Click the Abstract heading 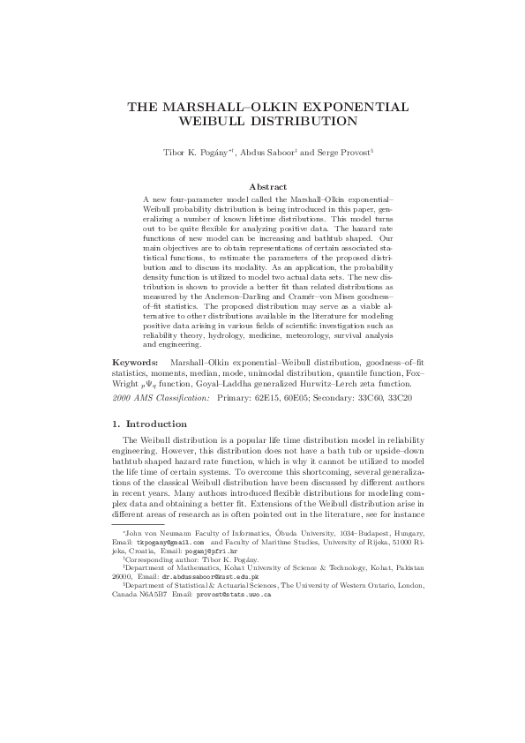tap(268, 186)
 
